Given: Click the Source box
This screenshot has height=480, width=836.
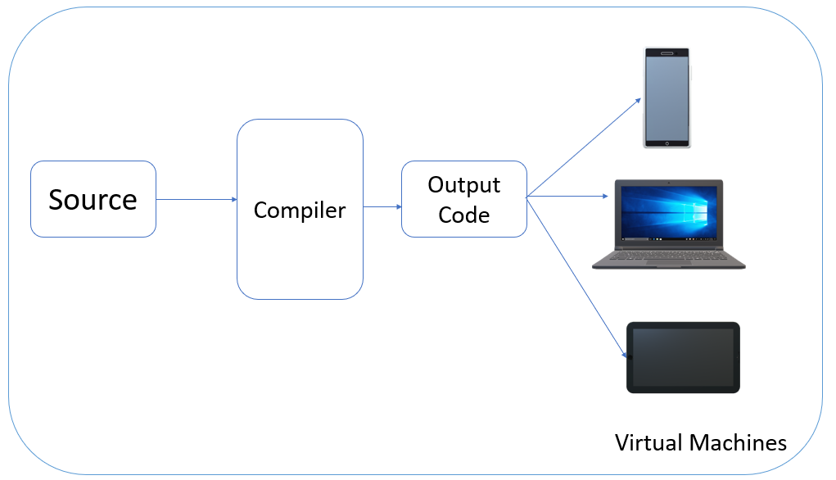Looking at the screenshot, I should pyautogui.click(x=93, y=199).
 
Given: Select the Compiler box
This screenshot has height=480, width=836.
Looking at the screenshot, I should pyautogui.click(x=300, y=209).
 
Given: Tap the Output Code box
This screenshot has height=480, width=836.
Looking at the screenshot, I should pyautogui.click(x=463, y=199).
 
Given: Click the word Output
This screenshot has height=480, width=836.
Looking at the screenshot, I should pyautogui.click(x=463, y=184).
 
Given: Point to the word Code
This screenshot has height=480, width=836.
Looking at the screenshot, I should pyautogui.click(x=463, y=215).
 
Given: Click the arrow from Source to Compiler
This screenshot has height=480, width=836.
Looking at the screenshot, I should pyautogui.click(x=196, y=199).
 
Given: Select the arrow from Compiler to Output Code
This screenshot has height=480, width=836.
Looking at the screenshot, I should pyautogui.click(x=382, y=206).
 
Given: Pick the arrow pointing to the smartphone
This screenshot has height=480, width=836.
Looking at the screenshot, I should pyautogui.click(x=583, y=147).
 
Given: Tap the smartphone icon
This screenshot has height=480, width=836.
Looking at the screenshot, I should pyautogui.click(x=667, y=97).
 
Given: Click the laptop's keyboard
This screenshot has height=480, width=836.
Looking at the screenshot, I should pyautogui.click(x=669, y=253).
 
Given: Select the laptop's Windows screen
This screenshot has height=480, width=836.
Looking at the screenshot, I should pyautogui.click(x=669, y=213).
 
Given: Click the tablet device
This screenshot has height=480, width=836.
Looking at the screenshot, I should pyautogui.click(x=684, y=357).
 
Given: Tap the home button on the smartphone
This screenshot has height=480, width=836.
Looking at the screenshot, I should pyautogui.click(x=667, y=143).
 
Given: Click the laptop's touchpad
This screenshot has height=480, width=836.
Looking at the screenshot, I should pyautogui.click(x=669, y=263).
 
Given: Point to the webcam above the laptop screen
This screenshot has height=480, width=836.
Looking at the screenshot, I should pyautogui.click(x=669, y=183).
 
